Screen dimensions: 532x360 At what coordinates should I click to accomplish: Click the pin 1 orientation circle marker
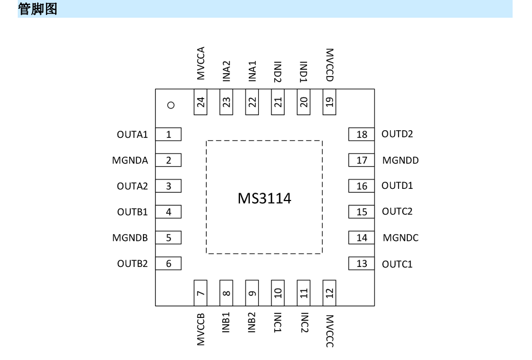[x=171, y=105]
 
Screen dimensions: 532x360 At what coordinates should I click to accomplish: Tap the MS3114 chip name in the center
[x=264, y=198]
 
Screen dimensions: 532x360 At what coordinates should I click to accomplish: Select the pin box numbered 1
[x=168, y=134]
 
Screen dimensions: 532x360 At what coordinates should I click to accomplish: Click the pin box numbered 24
[x=201, y=102]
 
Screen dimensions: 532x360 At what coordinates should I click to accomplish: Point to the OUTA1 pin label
[x=132, y=135]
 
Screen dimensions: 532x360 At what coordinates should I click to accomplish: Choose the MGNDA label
[x=130, y=161]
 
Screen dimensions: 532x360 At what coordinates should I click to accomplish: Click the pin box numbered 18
[x=361, y=134]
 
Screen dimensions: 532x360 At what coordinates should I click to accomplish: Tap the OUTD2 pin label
[x=397, y=134]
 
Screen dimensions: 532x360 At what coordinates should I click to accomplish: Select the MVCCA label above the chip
[x=201, y=63]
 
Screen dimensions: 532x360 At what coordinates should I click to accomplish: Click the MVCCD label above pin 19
[x=329, y=65]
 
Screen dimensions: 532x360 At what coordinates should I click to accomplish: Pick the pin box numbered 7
[x=201, y=293]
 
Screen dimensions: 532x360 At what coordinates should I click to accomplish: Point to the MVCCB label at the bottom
[x=201, y=330]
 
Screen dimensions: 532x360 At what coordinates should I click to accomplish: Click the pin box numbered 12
[x=329, y=293]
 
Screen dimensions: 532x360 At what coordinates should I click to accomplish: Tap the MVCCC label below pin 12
[x=329, y=331]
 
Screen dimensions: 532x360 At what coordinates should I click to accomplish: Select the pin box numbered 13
[x=361, y=264]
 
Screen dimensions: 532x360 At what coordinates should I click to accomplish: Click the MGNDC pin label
[x=401, y=238]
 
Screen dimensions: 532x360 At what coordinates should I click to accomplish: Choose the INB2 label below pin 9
[x=252, y=323]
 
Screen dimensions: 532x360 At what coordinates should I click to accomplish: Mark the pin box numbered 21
[x=278, y=102]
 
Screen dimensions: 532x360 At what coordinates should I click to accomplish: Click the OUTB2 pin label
[x=132, y=264]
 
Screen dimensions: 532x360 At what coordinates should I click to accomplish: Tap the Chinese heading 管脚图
[x=38, y=9]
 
